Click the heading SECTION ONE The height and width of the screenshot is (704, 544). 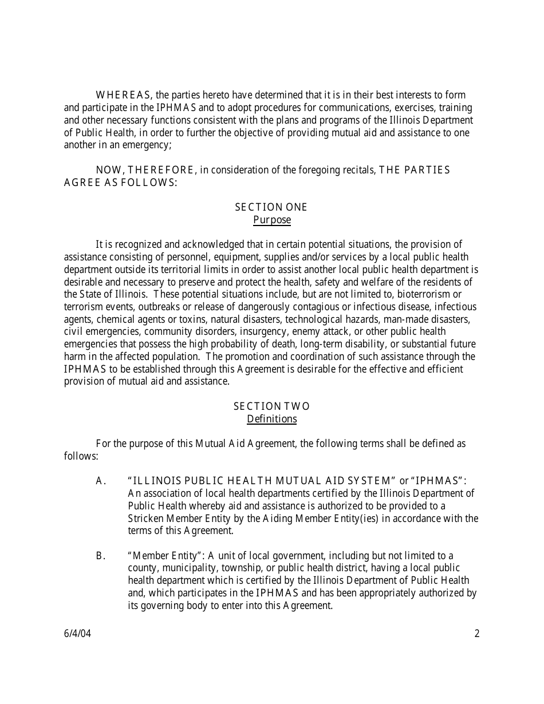[x=271, y=207]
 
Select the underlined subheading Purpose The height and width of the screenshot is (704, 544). [x=271, y=220]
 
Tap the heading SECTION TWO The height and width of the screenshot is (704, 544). [x=271, y=406]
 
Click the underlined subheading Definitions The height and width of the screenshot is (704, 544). [x=271, y=419]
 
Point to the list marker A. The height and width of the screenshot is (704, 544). [x=101, y=481]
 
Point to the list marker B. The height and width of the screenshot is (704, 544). [x=101, y=556]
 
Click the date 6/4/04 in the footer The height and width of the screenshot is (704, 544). [x=77, y=634]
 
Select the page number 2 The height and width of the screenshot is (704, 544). [x=476, y=634]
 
